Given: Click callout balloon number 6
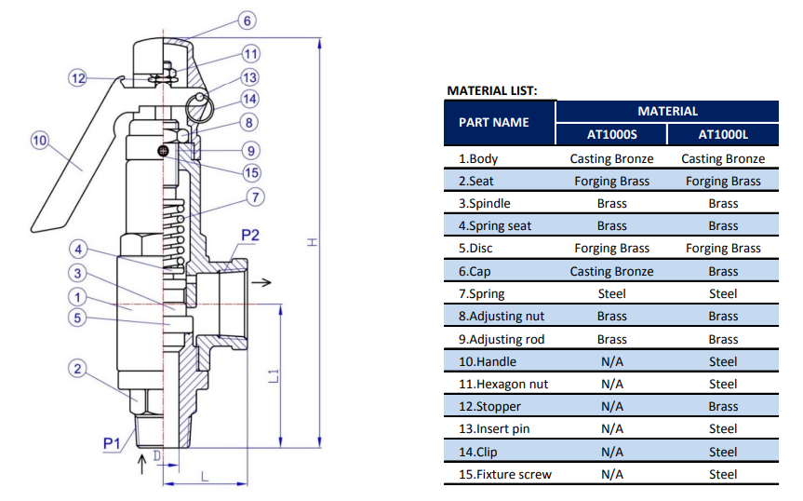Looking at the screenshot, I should click(x=247, y=20).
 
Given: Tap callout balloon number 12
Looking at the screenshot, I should click(x=78, y=78).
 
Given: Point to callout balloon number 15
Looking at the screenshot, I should click(x=251, y=172).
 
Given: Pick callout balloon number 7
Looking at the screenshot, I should click(x=256, y=196).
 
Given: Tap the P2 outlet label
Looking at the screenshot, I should click(x=250, y=235).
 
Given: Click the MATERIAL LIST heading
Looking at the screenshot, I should click(x=492, y=91).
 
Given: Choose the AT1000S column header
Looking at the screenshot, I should click(x=611, y=134).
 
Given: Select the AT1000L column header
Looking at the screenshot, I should click(x=723, y=134).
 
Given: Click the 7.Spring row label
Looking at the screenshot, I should click(x=482, y=294).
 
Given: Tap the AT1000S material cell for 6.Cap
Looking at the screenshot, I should click(x=611, y=272).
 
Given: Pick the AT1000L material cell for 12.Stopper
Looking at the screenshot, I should click(x=723, y=407).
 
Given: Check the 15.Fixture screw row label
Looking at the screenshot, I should click(x=504, y=475).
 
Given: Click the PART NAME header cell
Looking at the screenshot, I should click(x=494, y=122).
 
